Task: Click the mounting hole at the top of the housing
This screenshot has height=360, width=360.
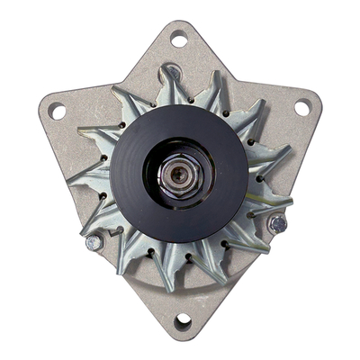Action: [x=179, y=39]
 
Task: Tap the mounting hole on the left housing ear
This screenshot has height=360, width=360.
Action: [x=58, y=112]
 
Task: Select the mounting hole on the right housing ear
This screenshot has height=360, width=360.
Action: [x=301, y=108]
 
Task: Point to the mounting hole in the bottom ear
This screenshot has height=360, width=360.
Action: [x=183, y=319]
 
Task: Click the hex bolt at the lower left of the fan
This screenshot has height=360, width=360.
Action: [x=94, y=242]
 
